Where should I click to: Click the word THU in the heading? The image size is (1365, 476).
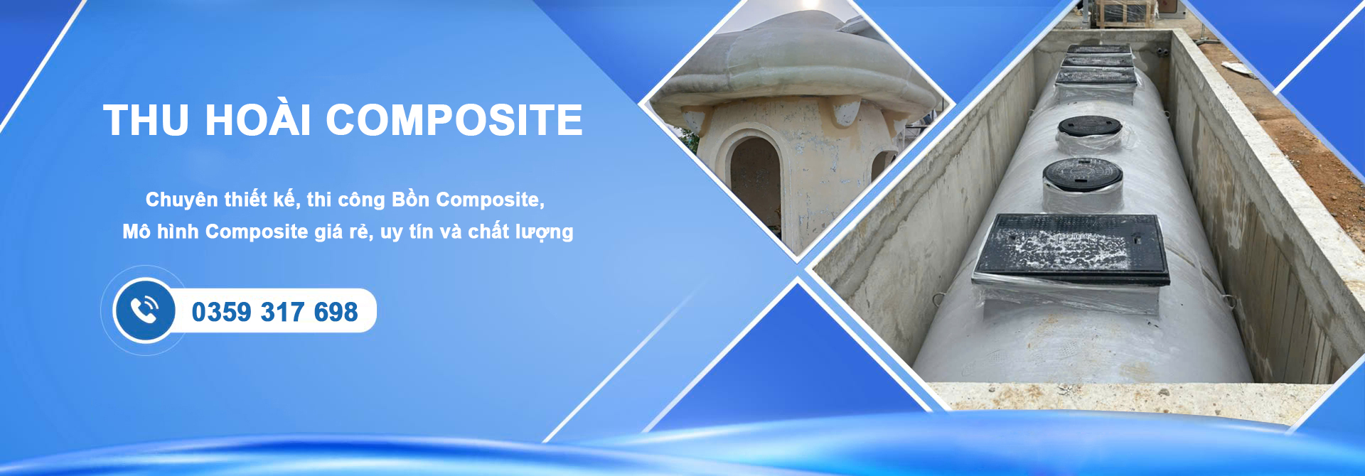click(x=146, y=119)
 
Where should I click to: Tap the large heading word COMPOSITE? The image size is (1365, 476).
click(x=454, y=119)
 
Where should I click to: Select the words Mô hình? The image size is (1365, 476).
click(x=160, y=231)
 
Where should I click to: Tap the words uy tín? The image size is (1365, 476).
click(x=407, y=232)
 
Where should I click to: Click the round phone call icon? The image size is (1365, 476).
click(x=145, y=310)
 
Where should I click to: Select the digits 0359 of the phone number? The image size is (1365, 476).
click(x=221, y=312)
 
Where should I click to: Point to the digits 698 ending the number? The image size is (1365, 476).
click(x=336, y=312)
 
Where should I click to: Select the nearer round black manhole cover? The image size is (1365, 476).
click(x=1083, y=174)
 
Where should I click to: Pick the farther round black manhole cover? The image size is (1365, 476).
click(x=1089, y=128)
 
